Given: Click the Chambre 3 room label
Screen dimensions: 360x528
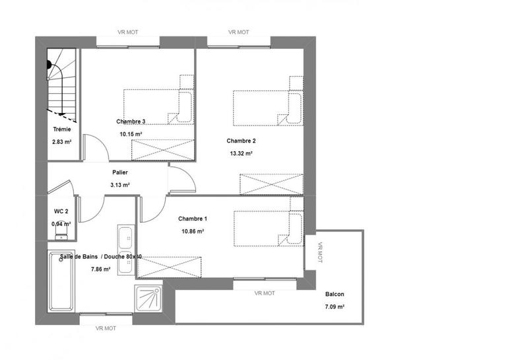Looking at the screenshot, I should (x=131, y=122).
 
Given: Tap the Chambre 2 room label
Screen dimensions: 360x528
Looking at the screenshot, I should (x=241, y=141).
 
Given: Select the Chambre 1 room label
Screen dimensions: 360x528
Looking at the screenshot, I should (x=193, y=219).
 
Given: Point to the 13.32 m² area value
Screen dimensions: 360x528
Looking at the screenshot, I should (x=241, y=153).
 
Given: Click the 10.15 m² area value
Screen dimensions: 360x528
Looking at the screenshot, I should (x=131, y=134).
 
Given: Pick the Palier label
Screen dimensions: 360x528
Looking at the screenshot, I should (x=119, y=172).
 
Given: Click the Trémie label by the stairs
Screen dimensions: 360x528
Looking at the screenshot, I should (x=62, y=129).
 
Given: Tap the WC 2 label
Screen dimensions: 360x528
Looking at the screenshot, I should (x=62, y=211).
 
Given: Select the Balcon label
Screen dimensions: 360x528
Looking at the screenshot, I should (x=335, y=295).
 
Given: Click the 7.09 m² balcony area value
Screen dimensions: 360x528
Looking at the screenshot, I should (x=335, y=307).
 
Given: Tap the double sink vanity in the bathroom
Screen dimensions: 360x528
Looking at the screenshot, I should (x=125, y=250).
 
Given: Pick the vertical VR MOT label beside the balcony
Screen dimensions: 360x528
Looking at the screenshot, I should (x=321, y=252).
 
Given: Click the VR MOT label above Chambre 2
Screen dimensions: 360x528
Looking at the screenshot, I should (x=238, y=32).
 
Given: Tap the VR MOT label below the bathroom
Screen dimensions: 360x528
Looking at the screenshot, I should (x=106, y=328).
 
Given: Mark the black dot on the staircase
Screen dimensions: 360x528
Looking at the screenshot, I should (x=49, y=64).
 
